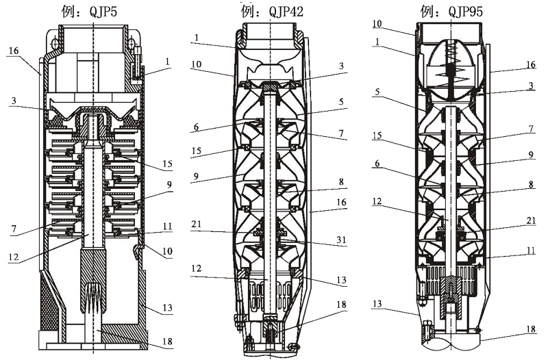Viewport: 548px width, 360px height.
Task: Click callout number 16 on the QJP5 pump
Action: pyautogui.click(x=14, y=51)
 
